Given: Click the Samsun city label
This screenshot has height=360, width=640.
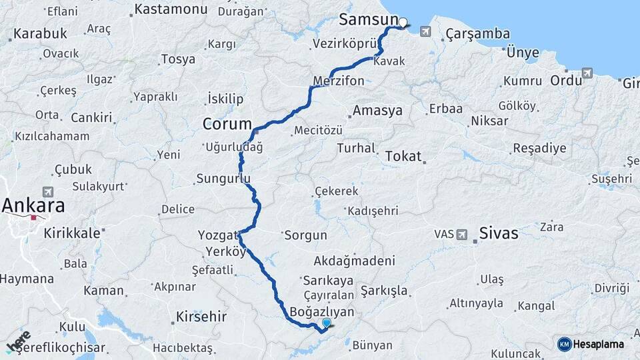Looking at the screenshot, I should (368, 20).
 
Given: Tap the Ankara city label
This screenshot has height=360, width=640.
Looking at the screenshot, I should (33, 205).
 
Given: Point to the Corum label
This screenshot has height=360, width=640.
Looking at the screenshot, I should (227, 124).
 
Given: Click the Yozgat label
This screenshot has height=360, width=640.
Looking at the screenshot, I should (217, 235).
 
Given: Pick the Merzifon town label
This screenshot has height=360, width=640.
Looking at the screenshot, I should (339, 81).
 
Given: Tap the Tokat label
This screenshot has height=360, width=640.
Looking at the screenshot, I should (403, 156).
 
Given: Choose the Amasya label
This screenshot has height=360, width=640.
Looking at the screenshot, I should (378, 111).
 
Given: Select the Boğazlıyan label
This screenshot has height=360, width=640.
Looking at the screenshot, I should (323, 311).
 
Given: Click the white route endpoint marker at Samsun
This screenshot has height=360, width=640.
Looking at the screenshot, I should (403, 22).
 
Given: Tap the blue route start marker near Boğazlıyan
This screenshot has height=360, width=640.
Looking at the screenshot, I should (326, 323).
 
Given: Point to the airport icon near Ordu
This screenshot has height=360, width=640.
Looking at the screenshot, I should (587, 73).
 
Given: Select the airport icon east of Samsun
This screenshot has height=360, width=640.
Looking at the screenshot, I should (426, 31).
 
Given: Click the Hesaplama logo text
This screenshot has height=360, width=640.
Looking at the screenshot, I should (598, 344).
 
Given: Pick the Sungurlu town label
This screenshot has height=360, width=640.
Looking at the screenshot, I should (223, 179).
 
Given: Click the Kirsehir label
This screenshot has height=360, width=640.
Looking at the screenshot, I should (201, 316).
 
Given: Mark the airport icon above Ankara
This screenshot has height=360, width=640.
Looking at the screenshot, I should (48, 191).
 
